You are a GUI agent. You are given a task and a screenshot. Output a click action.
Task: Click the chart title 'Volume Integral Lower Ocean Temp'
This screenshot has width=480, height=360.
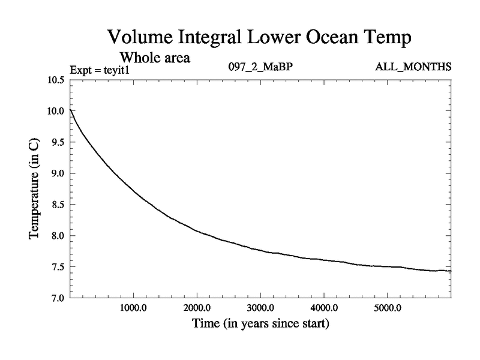click(x=260, y=37)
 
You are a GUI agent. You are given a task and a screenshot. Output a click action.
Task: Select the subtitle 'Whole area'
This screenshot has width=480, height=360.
click(x=155, y=58)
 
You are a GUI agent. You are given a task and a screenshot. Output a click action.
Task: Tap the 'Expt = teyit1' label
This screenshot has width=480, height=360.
click(x=100, y=70)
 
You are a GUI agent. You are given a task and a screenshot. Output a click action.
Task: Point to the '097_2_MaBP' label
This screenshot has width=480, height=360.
click(x=260, y=67)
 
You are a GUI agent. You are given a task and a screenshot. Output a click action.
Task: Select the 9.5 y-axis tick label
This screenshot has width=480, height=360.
click(x=58, y=142)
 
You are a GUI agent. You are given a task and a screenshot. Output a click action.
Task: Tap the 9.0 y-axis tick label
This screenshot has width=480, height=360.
click(x=58, y=173)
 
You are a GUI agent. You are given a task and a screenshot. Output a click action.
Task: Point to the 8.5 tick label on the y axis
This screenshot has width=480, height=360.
click(x=58, y=205)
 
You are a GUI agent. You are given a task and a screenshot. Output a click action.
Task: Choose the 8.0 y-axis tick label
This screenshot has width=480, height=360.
click(x=58, y=236)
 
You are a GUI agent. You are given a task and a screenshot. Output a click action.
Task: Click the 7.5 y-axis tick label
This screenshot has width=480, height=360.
click(x=58, y=267)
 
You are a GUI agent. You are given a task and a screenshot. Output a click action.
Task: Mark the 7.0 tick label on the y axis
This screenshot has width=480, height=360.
click(x=58, y=298)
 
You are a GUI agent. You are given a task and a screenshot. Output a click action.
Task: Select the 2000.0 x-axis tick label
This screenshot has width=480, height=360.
click(x=197, y=309)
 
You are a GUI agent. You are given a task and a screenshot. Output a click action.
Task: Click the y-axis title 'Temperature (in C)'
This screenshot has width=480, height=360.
click(x=35, y=190)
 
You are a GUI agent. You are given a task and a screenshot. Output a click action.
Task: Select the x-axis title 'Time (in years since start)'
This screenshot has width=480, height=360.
click(x=260, y=325)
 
